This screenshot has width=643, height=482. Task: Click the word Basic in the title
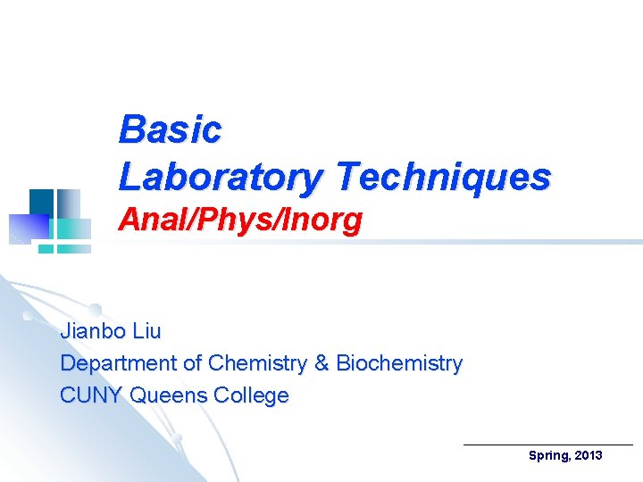[170, 129]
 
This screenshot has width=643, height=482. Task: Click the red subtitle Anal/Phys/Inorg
[240, 220]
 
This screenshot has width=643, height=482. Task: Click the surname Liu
[146, 332]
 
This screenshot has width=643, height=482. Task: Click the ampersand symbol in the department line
[322, 363]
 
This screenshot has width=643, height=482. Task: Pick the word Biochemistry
[399, 363]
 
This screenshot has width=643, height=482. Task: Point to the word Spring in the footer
[548, 456]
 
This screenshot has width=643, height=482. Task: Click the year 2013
[589, 456]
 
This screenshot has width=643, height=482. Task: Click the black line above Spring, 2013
[548, 444]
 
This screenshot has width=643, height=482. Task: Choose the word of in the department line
[192, 363]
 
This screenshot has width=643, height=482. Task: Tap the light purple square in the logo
[20, 229]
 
